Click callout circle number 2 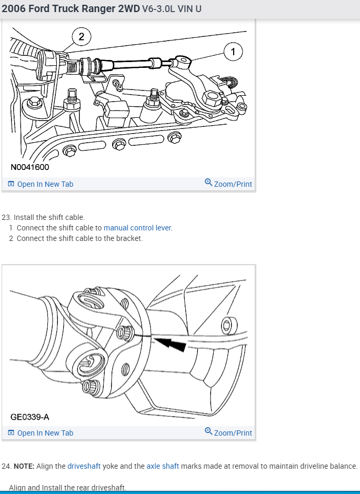pyautogui.click(x=81, y=36)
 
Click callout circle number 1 pyautogui.click(x=233, y=52)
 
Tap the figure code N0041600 pyautogui.click(x=29, y=167)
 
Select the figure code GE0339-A pyautogui.click(x=29, y=417)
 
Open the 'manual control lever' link pyautogui.click(x=137, y=228)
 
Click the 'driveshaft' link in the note pyautogui.click(x=84, y=466)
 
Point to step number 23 pyautogui.click(x=6, y=217)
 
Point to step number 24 pyautogui.click(x=6, y=466)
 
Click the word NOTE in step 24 pyautogui.click(x=24, y=466)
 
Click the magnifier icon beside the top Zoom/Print pyautogui.click(x=208, y=183)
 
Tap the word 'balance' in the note pyautogui.click(x=343, y=466)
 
